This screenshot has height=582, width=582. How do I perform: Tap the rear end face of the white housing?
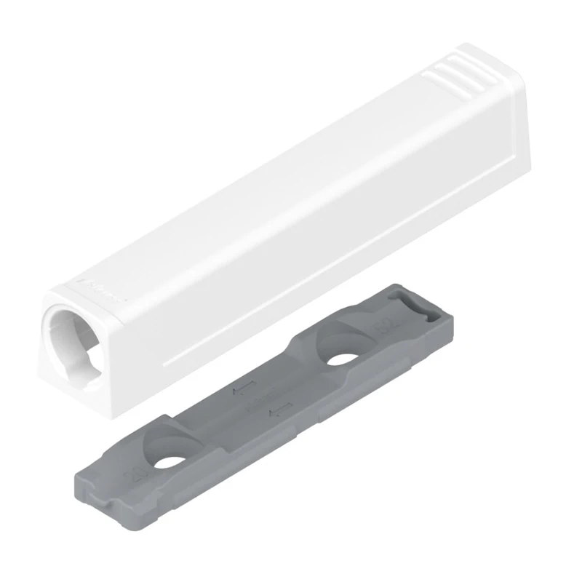coord(512,116)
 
